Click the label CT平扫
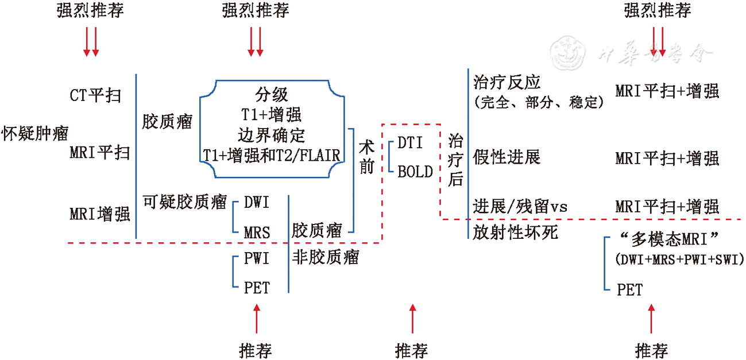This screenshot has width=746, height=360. (95, 95)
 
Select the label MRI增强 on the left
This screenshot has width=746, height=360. (100, 214)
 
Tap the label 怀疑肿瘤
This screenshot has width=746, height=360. (35, 133)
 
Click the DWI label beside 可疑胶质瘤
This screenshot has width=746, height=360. (257, 202)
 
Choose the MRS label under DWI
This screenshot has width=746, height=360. (257, 231)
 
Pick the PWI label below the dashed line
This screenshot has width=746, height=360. (257, 258)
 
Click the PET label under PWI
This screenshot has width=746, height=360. (257, 287)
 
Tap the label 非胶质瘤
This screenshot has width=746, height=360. (326, 258)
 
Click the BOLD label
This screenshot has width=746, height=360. (415, 171)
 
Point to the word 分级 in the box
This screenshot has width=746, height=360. (272, 95)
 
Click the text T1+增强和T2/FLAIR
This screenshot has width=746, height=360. (272, 155)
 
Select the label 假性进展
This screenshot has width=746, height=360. (507, 156)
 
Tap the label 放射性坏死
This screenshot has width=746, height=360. (515, 232)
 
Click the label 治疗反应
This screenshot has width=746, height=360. (507, 82)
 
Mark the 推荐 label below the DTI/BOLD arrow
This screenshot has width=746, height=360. (412, 350)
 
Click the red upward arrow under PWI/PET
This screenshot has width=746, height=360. (257, 319)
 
